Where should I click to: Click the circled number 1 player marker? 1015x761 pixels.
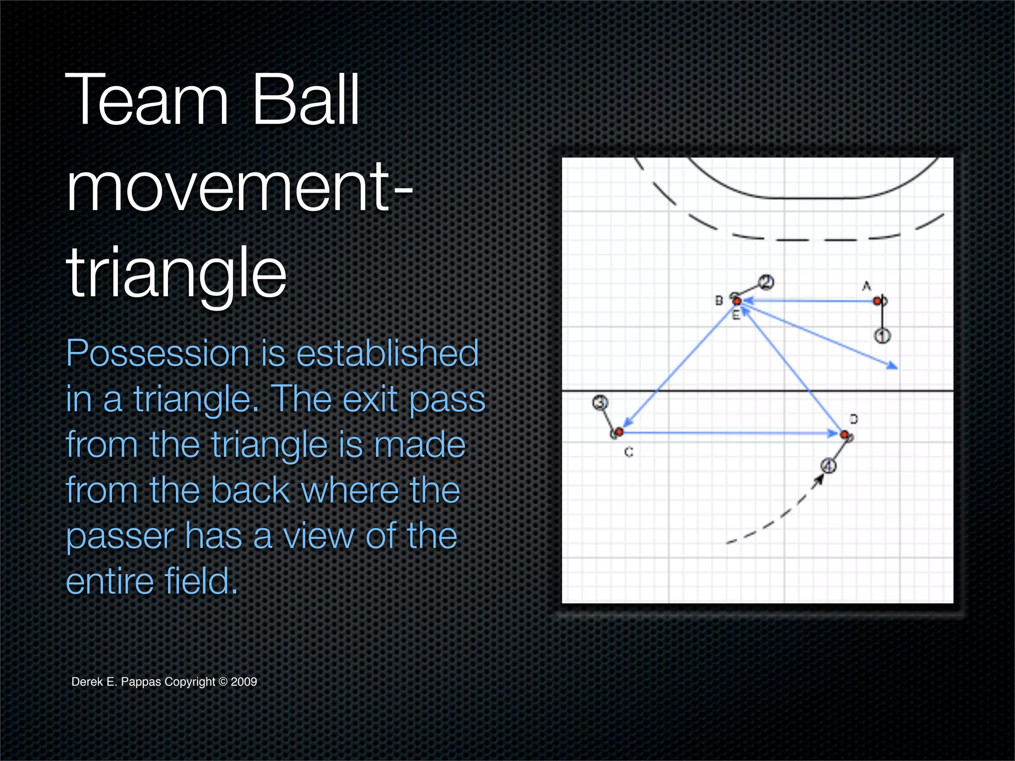[882, 336]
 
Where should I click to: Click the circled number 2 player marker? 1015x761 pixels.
[766, 282]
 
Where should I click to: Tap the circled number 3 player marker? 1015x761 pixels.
[600, 402]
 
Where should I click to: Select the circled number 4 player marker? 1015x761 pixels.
[829, 466]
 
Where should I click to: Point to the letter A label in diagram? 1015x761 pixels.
[866, 286]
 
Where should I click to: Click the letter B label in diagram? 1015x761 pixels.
[719, 300]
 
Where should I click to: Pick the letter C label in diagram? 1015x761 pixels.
[628, 452]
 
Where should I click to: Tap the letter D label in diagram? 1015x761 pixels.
[854, 419]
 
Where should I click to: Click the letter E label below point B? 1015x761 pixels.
[736, 315]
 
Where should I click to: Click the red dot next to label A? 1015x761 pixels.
[877, 301]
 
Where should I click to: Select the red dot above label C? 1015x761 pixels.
[619, 432]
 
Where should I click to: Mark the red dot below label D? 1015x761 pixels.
[845, 435]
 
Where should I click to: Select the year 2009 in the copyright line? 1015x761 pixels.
[244, 682]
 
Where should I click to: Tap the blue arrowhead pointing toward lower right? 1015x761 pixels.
[892, 366]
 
